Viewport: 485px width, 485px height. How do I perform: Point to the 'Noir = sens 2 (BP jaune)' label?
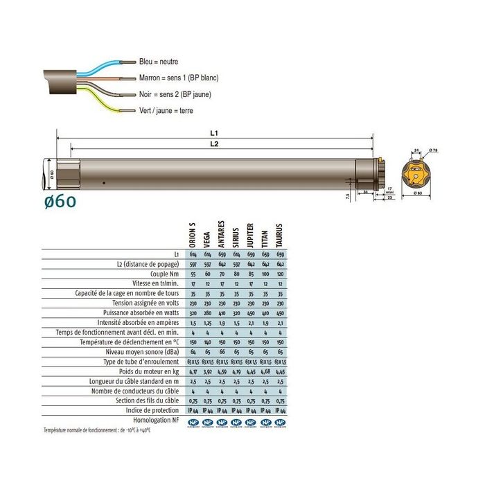[x=175, y=94]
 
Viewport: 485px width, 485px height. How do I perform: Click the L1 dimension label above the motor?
[x=215, y=131]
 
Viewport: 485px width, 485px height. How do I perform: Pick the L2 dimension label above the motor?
[x=215, y=143]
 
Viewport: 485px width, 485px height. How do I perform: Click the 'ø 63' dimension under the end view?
[x=418, y=194]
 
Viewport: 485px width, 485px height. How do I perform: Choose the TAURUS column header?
[x=281, y=236]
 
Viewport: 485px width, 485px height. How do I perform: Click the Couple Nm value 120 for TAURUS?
[x=281, y=274]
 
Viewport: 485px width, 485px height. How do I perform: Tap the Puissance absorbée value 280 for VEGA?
[x=207, y=312]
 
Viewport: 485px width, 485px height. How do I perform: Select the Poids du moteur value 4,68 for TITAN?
[x=266, y=371]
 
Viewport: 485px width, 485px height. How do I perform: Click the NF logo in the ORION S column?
[x=193, y=420]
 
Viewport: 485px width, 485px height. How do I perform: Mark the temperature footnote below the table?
[x=97, y=430]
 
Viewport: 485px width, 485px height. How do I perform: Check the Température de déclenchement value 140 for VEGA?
[x=207, y=342]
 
